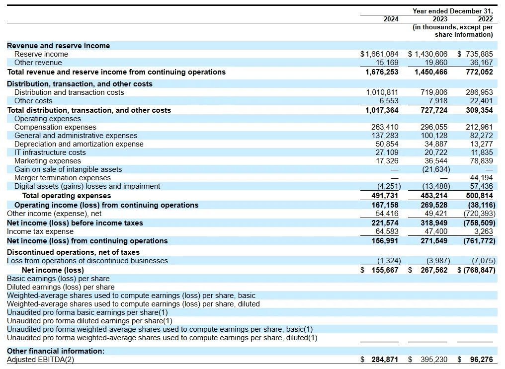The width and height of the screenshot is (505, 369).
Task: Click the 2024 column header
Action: click(x=391, y=19)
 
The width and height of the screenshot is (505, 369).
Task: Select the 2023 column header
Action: click(x=439, y=19)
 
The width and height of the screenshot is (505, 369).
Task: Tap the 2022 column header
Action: click(x=485, y=19)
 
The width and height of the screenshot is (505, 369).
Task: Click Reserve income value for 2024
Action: click(x=379, y=54)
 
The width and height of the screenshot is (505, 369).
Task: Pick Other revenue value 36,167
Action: click(x=481, y=63)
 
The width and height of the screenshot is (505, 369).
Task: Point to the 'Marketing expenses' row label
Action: click(x=48, y=161)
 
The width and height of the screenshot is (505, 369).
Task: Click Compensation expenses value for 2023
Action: click(x=434, y=127)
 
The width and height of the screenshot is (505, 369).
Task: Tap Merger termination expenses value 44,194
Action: click(x=481, y=178)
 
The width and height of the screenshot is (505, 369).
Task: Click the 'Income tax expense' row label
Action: click(x=40, y=231)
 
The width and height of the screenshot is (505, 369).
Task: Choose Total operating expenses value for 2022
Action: click(x=480, y=196)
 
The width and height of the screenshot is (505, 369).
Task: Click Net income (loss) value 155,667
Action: click(x=385, y=270)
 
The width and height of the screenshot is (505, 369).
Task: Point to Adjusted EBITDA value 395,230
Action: click(x=434, y=360)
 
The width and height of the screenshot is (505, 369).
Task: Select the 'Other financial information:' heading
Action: click(x=56, y=351)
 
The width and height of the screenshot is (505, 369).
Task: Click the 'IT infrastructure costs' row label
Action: click(x=50, y=152)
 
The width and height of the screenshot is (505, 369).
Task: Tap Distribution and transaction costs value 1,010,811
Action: click(x=382, y=92)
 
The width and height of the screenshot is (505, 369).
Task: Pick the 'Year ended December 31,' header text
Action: click(x=453, y=11)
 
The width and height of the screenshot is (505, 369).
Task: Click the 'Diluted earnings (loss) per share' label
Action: click(x=61, y=287)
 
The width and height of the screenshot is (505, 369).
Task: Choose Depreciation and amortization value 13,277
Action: click(x=481, y=144)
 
